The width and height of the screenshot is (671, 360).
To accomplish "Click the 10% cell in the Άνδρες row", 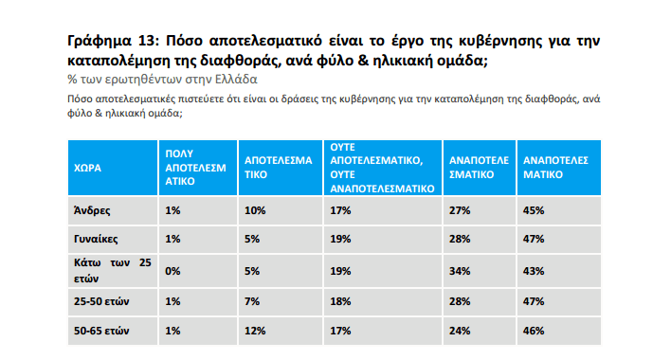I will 254,210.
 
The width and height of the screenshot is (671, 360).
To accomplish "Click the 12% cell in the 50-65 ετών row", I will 254,332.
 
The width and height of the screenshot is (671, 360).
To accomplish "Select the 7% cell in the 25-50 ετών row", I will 251,301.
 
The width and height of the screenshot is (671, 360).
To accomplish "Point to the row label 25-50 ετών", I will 100,301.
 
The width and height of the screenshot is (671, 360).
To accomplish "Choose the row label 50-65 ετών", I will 100,332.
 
